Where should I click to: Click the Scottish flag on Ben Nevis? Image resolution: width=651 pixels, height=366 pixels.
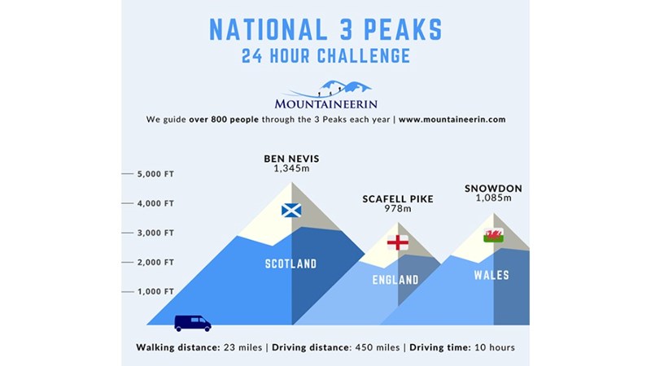tap(291, 211)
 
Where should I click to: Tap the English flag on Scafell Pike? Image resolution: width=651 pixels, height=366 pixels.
tap(398, 242)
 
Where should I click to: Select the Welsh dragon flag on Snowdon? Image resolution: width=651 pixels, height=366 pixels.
tap(494, 235)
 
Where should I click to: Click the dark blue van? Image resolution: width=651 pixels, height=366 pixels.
tap(193, 323)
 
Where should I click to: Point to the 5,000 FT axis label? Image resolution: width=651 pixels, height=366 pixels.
tap(155, 174)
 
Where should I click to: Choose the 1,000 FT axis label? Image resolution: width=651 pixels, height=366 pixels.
tap(155, 292)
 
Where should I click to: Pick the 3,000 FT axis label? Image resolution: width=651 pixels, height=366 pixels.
tap(155, 233)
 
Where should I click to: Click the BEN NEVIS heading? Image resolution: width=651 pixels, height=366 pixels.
tap(291, 159)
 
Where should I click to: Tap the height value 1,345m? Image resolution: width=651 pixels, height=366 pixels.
tap(291, 168)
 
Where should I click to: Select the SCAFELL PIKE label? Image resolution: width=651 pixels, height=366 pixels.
tap(398, 199)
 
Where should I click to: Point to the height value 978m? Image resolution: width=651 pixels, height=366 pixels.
tap(398, 209)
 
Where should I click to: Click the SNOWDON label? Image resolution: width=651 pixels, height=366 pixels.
tap(493, 189)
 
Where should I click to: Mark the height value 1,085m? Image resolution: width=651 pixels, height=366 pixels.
tap(494, 198)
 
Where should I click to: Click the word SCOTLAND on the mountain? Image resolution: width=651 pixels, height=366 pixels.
tap(291, 264)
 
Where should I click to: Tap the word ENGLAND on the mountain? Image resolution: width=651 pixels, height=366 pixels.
tap(395, 280)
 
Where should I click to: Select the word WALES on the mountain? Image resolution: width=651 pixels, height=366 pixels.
tap(492, 275)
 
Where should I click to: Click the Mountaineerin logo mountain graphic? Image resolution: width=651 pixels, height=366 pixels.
tap(328, 89)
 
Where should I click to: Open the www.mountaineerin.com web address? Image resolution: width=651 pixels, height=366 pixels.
tap(452, 120)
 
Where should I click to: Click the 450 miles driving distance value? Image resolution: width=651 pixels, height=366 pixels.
tap(378, 347)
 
